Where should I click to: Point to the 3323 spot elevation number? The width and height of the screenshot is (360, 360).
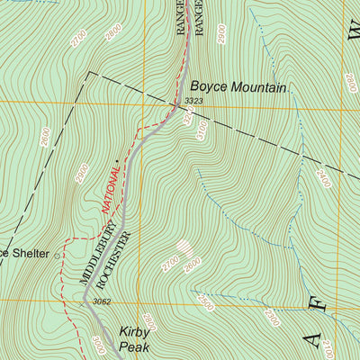coord(193,101)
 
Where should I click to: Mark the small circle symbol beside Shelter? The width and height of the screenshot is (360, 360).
coord(58,256)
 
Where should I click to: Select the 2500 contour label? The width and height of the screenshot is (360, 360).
coord(209,298)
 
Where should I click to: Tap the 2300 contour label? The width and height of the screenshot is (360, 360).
coord(272,318)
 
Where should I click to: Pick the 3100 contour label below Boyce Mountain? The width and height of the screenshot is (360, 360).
coord(200,132)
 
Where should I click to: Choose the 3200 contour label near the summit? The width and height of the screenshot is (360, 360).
coord(187,120)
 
